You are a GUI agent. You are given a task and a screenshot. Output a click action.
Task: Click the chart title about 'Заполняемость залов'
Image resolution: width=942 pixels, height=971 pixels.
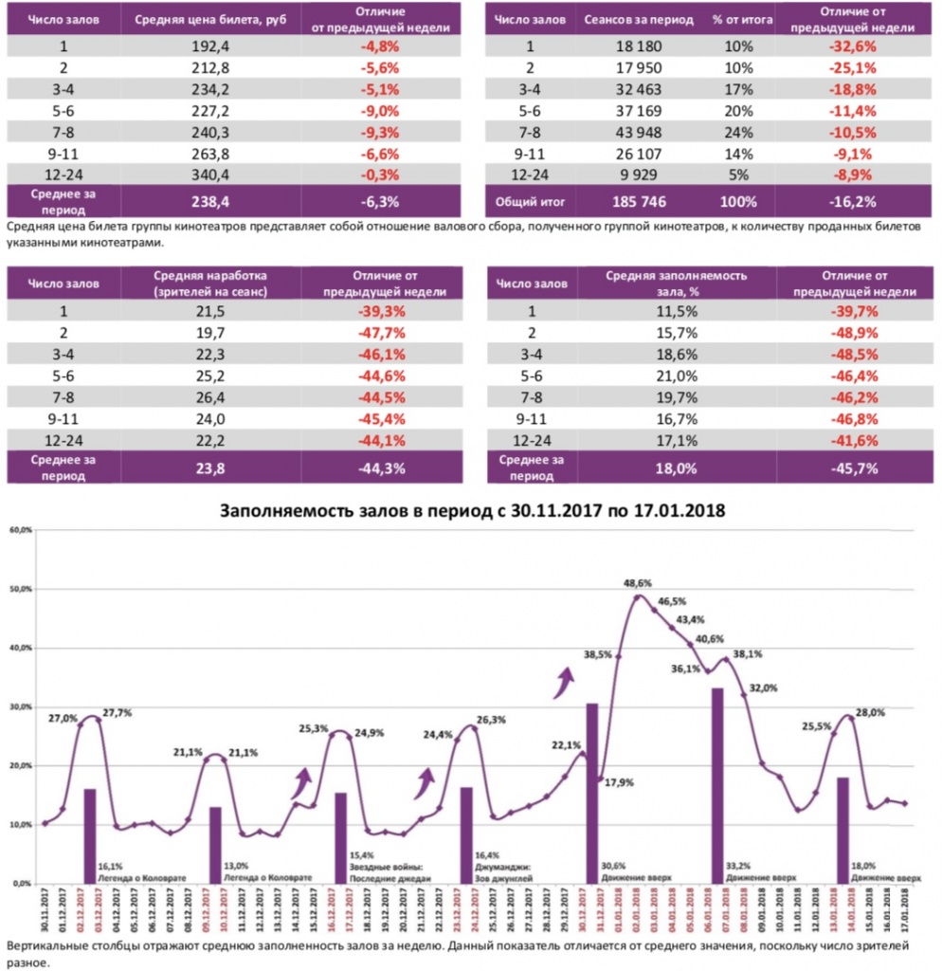(472, 510)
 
